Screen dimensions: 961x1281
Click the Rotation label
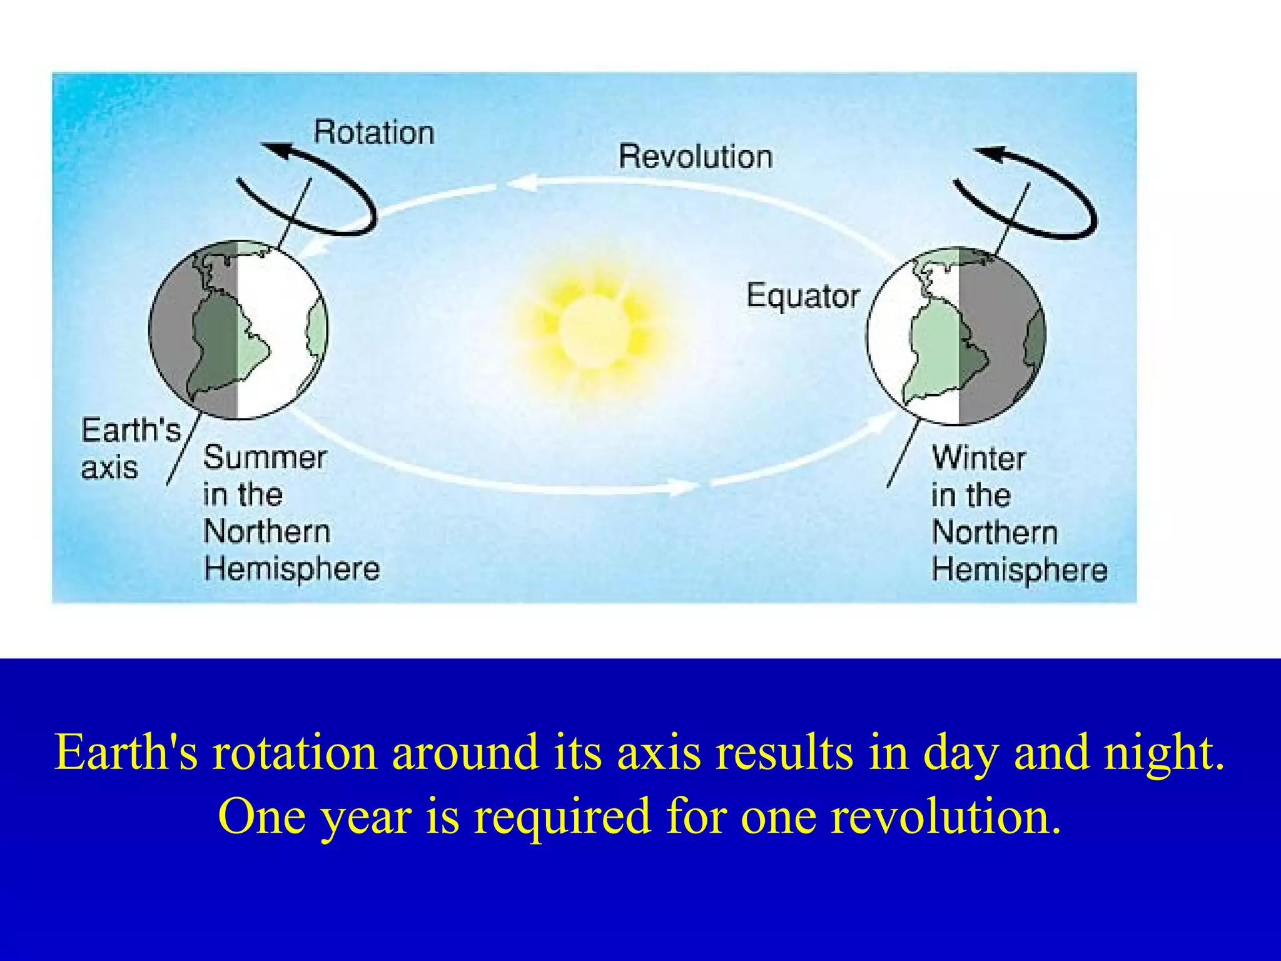coord(373,133)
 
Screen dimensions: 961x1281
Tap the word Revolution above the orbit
coord(695,156)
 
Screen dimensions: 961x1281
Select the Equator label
coord(803,296)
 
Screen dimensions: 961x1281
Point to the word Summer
coord(265,457)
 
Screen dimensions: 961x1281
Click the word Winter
coord(978,458)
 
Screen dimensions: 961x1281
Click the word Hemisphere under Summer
coord(291,569)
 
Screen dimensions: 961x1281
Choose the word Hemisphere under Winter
coord(1019,570)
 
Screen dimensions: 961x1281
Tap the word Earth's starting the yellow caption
coord(126,752)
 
